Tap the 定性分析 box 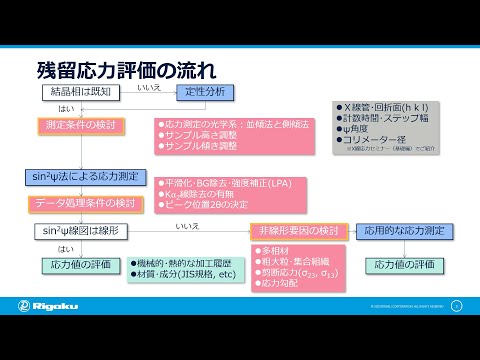pos(205,92)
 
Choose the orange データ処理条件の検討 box pos(84,204)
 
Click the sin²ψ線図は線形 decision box pos(81,231)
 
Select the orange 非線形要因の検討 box pos(300,231)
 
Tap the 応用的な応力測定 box pos(406,231)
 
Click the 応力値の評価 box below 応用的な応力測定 pos(405,265)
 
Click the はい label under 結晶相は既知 pos(66,108)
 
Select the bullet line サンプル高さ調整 pos(200,134)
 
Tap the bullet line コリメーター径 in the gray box pos(379,140)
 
